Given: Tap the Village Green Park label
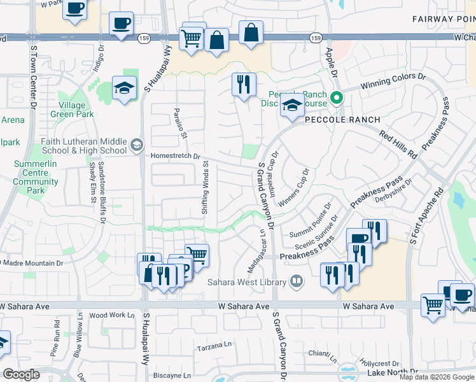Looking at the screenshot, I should coord(76,110).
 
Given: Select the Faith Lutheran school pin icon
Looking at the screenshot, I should coord(136,146).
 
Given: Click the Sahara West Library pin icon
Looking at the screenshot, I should coord(296,281).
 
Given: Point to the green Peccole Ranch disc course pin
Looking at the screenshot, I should coord(338,99).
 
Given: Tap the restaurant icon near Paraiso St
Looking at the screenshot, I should coord(243,84).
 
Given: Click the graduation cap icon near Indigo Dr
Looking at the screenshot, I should coord(124,88).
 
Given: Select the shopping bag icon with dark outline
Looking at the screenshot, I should coord(216,39).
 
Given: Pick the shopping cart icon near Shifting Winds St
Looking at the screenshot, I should coord(197,255).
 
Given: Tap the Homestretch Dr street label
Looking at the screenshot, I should coord(176,156).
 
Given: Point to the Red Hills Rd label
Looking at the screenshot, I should coord(398,145).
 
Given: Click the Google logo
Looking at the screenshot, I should coord(22,374).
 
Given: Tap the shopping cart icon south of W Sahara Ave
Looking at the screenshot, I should coord(433,304).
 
